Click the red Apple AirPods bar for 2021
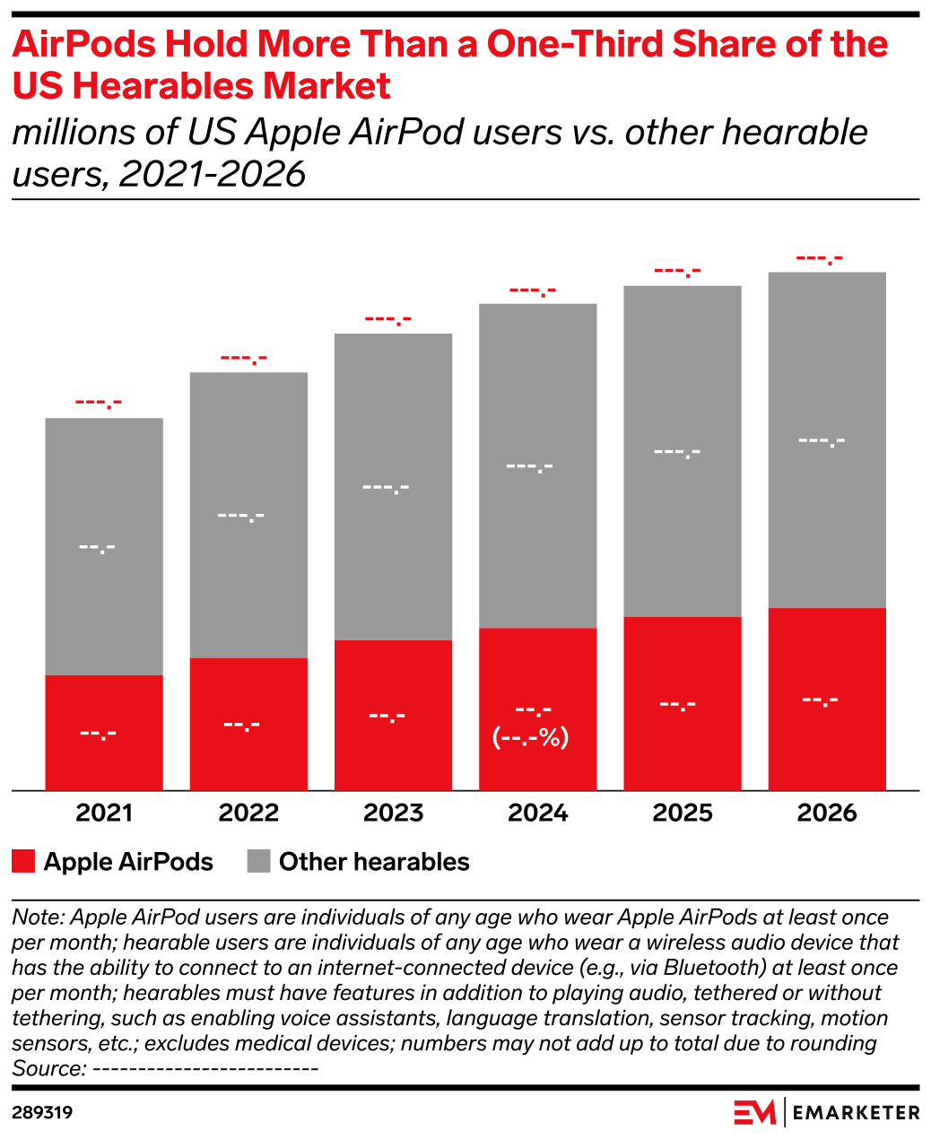(104, 732)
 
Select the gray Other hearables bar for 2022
(248, 514)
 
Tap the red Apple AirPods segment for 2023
(393, 714)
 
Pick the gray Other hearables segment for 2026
(827, 439)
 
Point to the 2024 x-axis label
(538, 813)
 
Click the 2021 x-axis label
(104, 813)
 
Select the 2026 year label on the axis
(827, 813)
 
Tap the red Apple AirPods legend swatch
(23, 862)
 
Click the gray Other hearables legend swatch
(258, 862)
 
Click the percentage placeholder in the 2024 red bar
(531, 738)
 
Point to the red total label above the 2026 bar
(820, 259)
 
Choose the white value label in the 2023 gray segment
(386, 488)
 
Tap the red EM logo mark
(754, 1113)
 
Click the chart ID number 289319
(42, 1113)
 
